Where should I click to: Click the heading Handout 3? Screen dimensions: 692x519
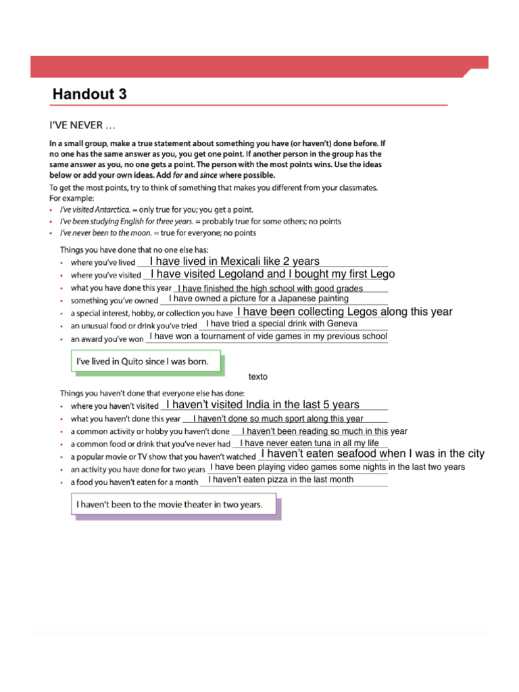pyautogui.click(x=90, y=94)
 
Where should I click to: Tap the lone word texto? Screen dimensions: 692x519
pyautogui.click(x=258, y=377)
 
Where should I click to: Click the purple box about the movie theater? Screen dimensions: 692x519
pyautogui.click(x=175, y=505)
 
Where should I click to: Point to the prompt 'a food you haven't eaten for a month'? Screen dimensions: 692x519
pyautogui.click(x=134, y=482)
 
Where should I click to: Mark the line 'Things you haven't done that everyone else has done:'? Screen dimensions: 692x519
pyautogui.click(x=152, y=393)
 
